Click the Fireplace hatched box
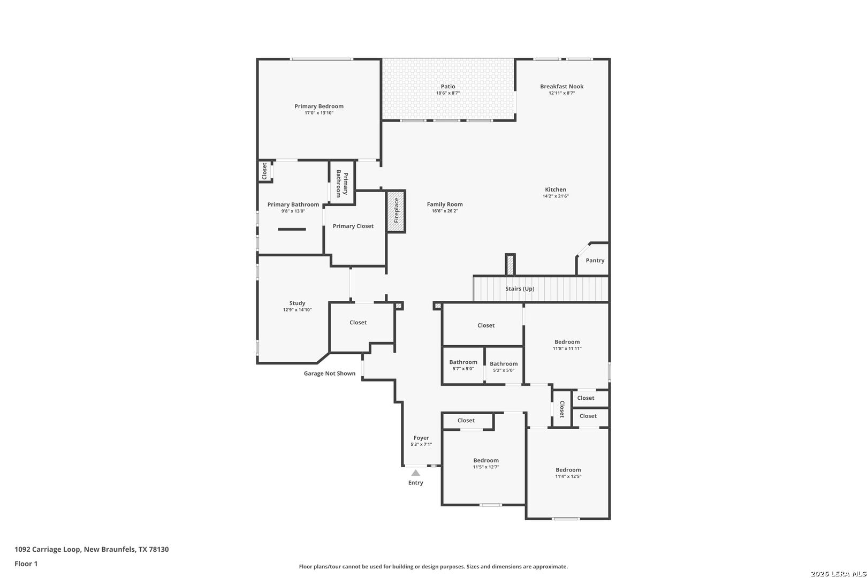396,211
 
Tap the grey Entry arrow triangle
415,473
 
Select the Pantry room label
595,261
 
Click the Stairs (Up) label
520,289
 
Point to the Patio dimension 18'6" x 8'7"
448,93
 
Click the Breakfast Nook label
561,86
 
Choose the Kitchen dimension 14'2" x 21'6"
556,196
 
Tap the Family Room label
445,204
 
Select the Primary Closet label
353,226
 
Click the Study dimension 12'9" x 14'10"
297,310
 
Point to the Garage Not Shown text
329,374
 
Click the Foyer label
421,438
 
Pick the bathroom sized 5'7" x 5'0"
463,365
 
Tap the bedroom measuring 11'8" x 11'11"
567,345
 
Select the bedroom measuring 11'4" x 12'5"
568,473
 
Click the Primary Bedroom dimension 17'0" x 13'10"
319,113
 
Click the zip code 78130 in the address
159,549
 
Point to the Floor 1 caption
26,564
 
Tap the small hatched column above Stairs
510,265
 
